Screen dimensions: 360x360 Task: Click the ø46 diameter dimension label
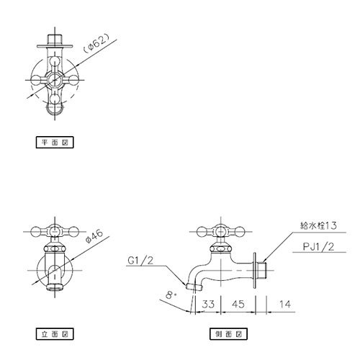click(94, 236)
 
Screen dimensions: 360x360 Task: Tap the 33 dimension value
click(208, 304)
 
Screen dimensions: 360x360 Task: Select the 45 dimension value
click(238, 304)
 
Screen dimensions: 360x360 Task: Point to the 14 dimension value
click(285, 305)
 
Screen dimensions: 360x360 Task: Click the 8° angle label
click(171, 295)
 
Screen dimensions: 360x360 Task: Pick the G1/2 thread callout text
click(140, 261)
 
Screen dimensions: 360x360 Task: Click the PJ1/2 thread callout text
click(318, 246)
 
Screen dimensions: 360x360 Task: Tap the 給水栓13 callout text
click(318, 225)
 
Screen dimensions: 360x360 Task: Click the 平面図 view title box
click(55, 143)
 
